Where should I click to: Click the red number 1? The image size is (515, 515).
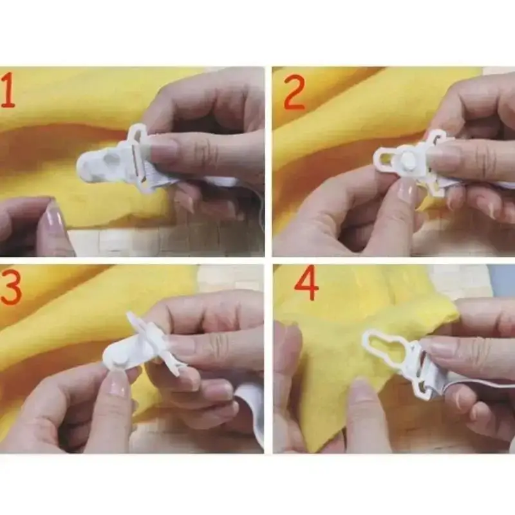click(8, 91)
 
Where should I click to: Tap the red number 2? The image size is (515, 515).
click(294, 92)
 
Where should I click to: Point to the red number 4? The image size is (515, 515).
click(306, 283)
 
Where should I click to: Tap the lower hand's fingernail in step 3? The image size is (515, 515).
click(118, 384)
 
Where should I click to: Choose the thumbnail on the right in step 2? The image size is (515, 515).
click(444, 158)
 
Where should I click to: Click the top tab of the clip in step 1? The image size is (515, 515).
click(138, 133)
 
